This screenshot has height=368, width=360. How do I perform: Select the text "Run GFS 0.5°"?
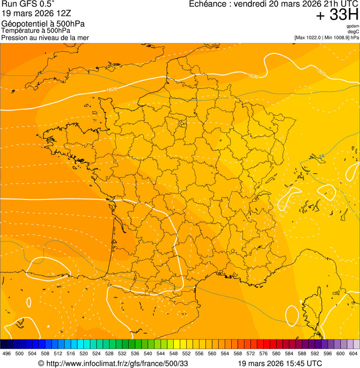click(x=28, y=4)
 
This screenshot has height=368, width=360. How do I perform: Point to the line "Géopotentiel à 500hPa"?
click(x=43, y=24)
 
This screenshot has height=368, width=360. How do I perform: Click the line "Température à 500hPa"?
click(x=36, y=30)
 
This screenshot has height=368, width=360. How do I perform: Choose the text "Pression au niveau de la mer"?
click(x=45, y=37)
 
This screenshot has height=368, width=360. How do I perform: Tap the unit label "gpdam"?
click(x=353, y=26)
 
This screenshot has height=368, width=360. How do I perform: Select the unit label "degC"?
click(x=353, y=32)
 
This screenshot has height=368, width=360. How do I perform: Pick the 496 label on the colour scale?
click(x=7, y=354)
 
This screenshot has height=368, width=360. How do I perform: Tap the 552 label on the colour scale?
click(x=186, y=354)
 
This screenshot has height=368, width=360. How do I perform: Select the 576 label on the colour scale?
click(x=264, y=354)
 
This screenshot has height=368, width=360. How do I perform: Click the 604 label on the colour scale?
click(x=353, y=354)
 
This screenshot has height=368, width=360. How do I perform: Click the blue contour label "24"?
click(x=321, y=156)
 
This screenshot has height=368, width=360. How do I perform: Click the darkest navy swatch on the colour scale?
click(x=4, y=343)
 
